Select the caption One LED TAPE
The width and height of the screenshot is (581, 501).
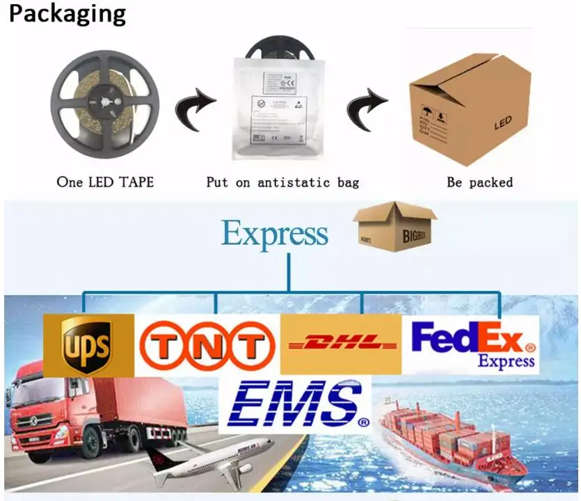pyautogui.click(x=105, y=182)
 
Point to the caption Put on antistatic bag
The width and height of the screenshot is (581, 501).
pyautogui.click(x=282, y=182)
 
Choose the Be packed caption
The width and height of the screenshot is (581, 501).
pyautogui.click(x=479, y=182)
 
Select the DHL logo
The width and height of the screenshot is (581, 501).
pyautogui.click(x=341, y=344)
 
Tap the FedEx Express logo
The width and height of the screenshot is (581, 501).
pyautogui.click(x=473, y=344)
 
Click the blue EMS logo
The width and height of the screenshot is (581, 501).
pyautogui.click(x=294, y=404)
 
